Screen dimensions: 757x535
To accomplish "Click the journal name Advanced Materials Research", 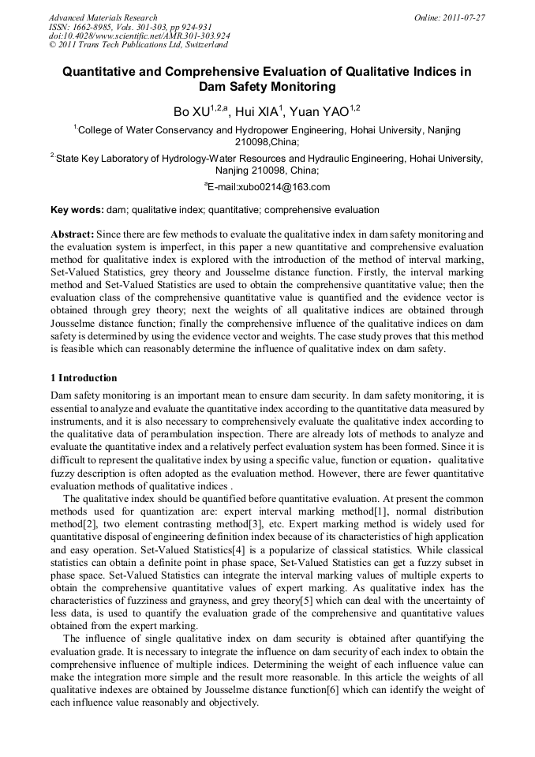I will point(103,17).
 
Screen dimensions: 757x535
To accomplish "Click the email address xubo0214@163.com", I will point(269,187).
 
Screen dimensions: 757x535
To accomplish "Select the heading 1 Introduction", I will point(84,377).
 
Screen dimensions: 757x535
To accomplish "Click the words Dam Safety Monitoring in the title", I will point(267,87).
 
